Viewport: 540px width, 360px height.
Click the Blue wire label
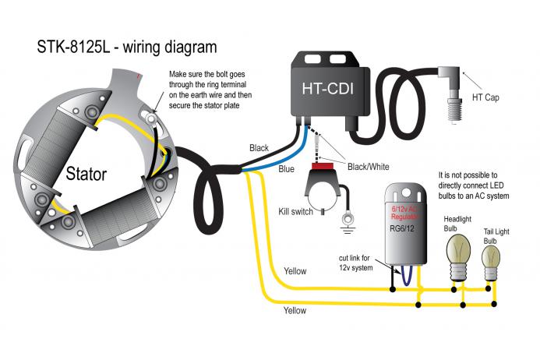287,169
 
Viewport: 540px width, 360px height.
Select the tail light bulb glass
490,258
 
